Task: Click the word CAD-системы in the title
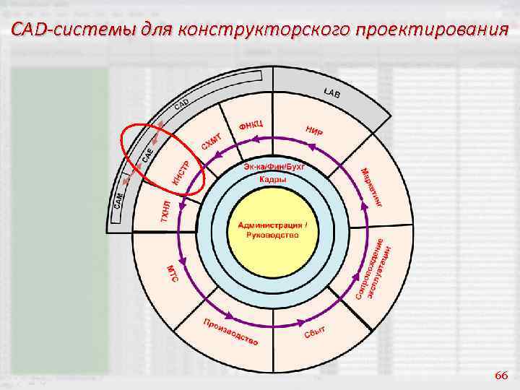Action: [x=58, y=30]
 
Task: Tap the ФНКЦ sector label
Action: [x=251, y=126]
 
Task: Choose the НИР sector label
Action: [x=314, y=130]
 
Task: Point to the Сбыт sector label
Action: [x=314, y=333]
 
